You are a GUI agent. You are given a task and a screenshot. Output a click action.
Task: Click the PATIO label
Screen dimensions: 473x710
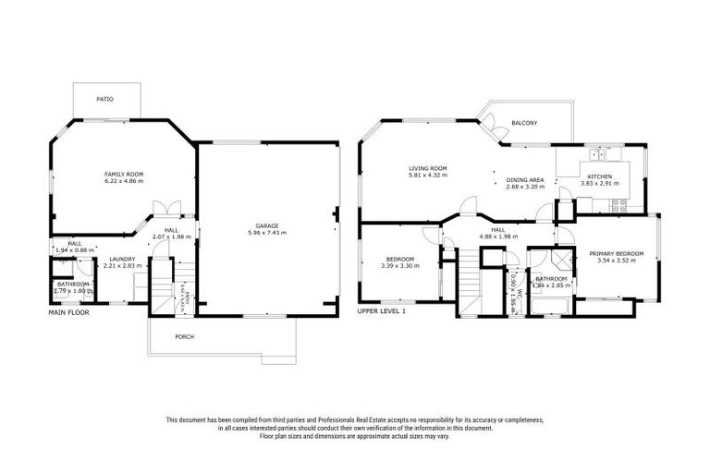106,99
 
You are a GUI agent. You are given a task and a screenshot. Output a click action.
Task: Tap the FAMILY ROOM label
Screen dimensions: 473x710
123,174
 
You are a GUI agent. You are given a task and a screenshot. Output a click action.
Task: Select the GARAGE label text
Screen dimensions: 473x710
268,225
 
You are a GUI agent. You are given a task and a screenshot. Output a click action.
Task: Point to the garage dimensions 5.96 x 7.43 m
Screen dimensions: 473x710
268,233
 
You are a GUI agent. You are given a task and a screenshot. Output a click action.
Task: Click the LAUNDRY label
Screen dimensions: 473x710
122,259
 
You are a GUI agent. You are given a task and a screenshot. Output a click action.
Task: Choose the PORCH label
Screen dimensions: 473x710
185,336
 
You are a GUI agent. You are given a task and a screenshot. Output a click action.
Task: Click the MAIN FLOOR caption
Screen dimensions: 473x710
67,312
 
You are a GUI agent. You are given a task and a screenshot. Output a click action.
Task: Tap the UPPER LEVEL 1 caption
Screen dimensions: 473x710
382,311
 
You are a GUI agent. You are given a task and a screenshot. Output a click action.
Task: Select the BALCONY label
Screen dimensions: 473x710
524,123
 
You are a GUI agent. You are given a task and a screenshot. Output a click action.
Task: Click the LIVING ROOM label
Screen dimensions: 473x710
428,168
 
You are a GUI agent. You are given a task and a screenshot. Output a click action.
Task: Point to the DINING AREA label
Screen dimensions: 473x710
525,179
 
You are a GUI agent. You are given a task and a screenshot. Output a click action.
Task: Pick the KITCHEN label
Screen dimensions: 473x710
594,176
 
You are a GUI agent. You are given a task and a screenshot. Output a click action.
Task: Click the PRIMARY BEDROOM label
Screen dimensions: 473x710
616,252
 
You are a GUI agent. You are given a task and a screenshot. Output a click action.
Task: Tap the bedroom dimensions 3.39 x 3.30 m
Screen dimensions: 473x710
399,266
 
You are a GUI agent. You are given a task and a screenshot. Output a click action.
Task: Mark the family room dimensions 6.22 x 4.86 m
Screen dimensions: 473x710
123,181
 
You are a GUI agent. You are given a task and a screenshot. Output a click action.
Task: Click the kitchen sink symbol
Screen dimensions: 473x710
598,153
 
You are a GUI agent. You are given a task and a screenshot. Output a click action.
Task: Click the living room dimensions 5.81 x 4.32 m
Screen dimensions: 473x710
428,176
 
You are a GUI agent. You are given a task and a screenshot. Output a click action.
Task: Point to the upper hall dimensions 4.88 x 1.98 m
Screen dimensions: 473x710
497,236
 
